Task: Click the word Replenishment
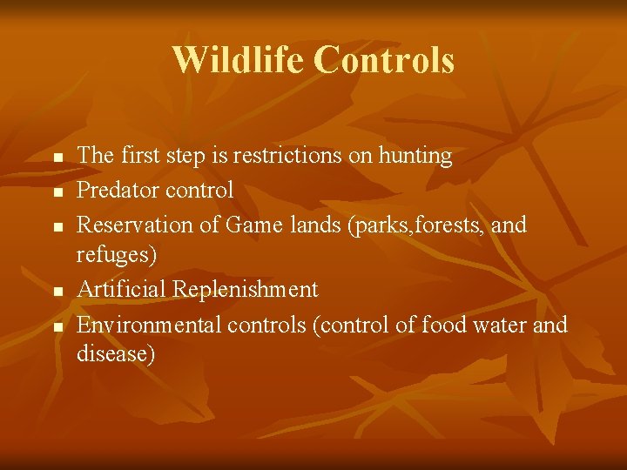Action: tap(246, 289)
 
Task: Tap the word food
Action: tap(442, 325)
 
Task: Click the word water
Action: tap(496, 325)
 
